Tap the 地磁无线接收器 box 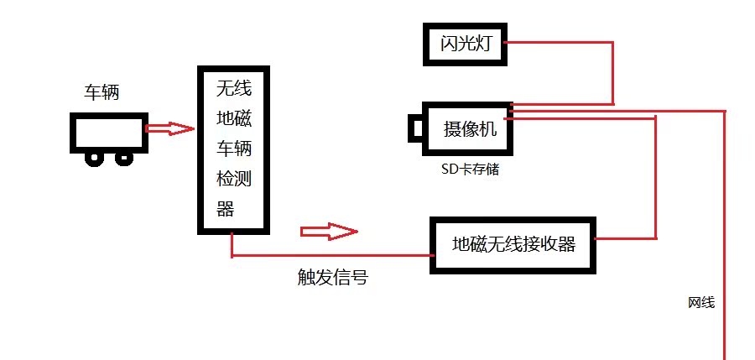point(513,245)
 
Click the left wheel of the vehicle point(96,157)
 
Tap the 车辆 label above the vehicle point(102,92)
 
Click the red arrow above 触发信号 point(328,230)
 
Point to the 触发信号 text point(333,278)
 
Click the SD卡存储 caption point(470,170)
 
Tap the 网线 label point(700,302)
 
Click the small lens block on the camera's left point(416,128)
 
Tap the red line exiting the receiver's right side point(625,239)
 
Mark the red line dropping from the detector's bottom point(232,245)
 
